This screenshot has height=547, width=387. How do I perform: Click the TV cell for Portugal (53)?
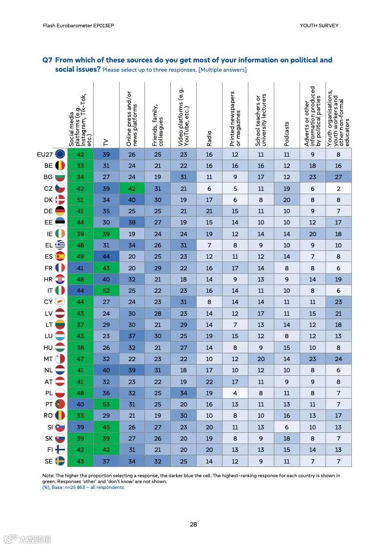pos(106,405)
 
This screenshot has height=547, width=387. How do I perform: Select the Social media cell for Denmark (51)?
pos(80,200)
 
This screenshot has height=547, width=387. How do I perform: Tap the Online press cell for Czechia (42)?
pos(132,188)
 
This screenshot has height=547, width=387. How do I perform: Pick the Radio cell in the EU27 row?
pos(209,154)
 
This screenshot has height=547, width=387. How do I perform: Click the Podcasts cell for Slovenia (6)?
pos(286,427)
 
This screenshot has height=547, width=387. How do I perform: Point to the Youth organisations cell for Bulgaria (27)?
pos(338,177)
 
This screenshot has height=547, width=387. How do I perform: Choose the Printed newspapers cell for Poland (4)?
pos(235,393)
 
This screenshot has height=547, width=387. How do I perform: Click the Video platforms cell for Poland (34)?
pos(183,393)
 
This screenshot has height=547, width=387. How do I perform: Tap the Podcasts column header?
pos(286,133)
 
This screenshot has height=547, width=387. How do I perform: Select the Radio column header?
pos(209,138)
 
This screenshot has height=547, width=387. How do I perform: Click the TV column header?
pos(106,142)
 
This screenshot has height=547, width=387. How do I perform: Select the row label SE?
pos(49,461)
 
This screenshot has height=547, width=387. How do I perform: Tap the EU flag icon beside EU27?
pos(60,154)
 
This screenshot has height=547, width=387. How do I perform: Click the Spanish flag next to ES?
pos(60,256)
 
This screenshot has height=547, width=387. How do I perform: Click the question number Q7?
pos(47,60)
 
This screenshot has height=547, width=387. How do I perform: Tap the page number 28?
pos(193,525)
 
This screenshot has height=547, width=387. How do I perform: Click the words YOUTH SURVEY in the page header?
pos(319,25)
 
